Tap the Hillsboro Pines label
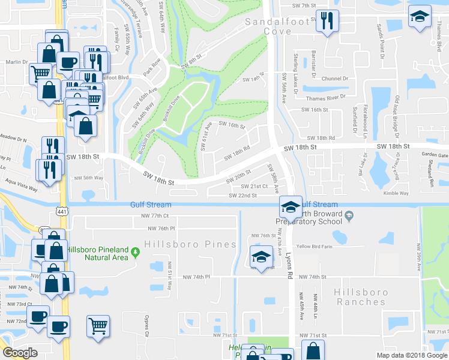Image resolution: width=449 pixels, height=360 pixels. (x=181, y=244)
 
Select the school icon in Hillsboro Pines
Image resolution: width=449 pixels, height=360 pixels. (x=261, y=257)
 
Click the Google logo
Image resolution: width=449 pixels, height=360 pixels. (x=20, y=353)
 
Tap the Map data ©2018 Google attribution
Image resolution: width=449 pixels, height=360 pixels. (x=410, y=355)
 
